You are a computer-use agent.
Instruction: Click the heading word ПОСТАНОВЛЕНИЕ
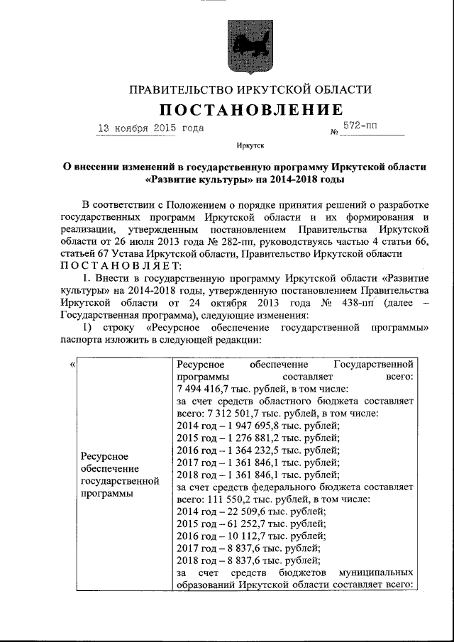click(250, 110)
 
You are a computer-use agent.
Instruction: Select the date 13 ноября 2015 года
click(150, 128)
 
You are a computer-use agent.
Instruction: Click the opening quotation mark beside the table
click(74, 365)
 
